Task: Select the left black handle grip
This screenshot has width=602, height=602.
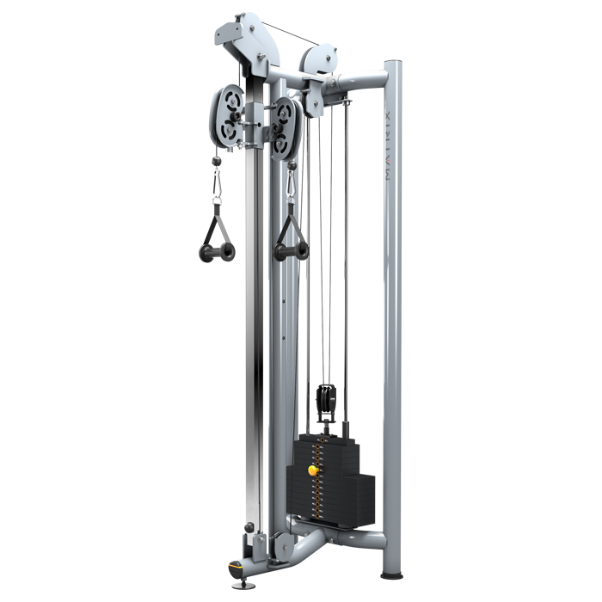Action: [x=217, y=252]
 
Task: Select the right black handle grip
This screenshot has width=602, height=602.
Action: [x=291, y=250]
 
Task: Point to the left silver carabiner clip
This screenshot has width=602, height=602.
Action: [x=216, y=181]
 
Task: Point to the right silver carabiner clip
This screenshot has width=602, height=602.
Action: [x=292, y=182]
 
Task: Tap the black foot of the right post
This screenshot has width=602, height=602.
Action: [x=391, y=574]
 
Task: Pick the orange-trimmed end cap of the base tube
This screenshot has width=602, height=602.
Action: [x=235, y=567]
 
